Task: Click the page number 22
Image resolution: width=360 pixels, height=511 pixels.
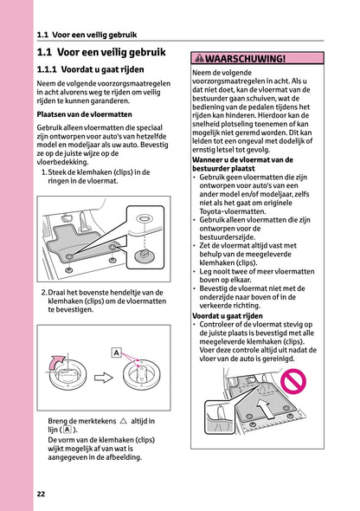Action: (x=41, y=494)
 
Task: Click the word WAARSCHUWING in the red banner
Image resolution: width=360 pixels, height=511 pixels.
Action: (x=245, y=59)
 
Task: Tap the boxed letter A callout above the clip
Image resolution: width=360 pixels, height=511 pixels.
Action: (x=116, y=353)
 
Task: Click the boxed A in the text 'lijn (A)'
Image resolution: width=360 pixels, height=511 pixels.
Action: (x=67, y=430)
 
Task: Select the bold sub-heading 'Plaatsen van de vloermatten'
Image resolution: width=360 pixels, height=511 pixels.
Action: (x=83, y=113)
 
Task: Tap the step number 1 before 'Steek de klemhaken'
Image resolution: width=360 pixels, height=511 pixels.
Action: (x=44, y=172)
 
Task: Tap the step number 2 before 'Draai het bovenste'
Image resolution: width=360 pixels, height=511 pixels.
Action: (x=44, y=292)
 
